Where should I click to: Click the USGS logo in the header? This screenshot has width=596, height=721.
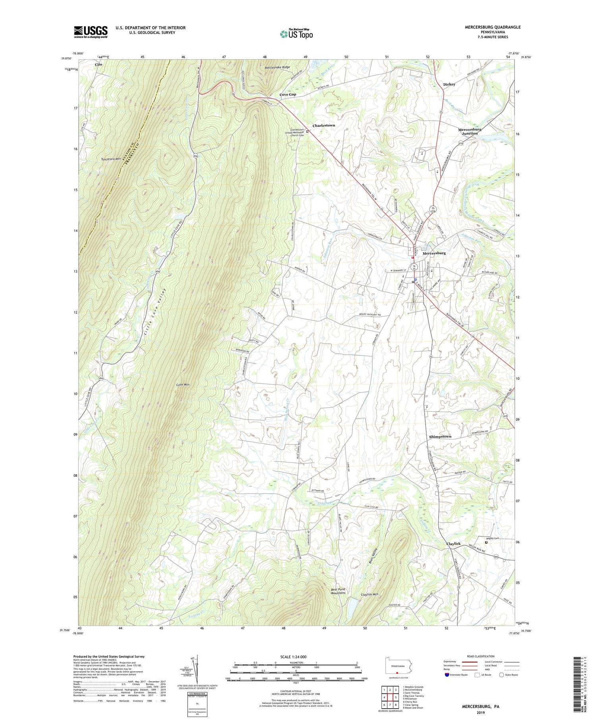91,32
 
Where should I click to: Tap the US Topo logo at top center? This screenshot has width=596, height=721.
296,34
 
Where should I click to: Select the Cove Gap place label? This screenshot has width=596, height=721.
288,94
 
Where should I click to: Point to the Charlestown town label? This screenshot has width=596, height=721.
323,125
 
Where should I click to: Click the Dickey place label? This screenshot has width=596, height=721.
449,84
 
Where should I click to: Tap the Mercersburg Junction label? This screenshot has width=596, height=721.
470,131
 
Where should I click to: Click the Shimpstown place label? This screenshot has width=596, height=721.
440,436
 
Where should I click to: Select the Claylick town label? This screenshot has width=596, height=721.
453,543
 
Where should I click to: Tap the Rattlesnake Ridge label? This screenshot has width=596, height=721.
278,68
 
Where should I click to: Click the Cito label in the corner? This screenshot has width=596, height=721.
98,64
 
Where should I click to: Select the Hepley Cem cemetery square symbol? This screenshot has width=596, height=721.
486,542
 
